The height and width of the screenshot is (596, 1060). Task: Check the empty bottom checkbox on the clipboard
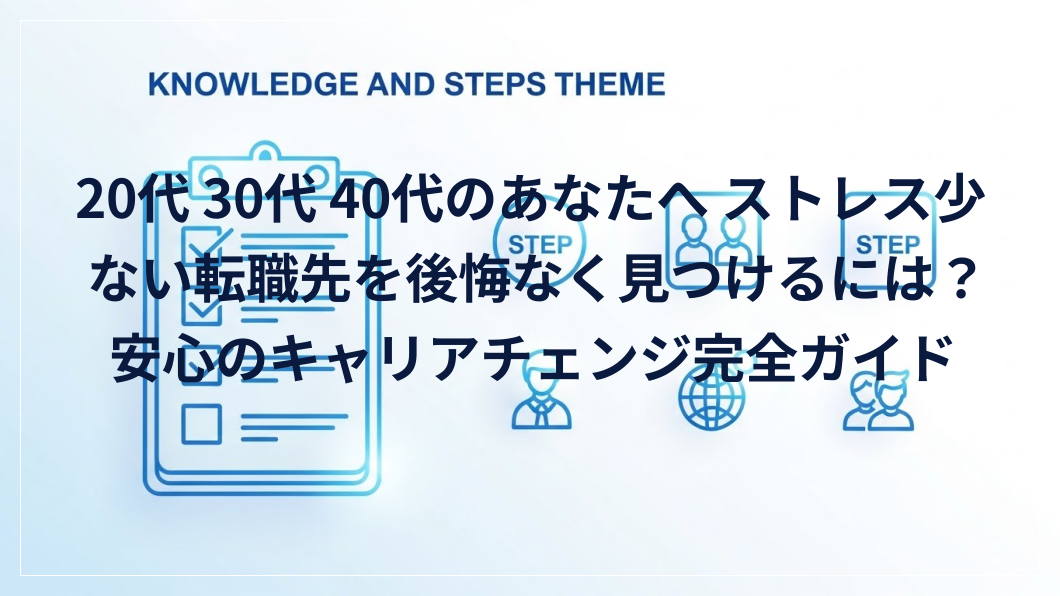pyautogui.click(x=201, y=424)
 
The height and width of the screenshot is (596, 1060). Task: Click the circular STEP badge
pyautogui.click(x=540, y=243)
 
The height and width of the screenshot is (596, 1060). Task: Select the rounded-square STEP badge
pyautogui.click(x=887, y=243)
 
